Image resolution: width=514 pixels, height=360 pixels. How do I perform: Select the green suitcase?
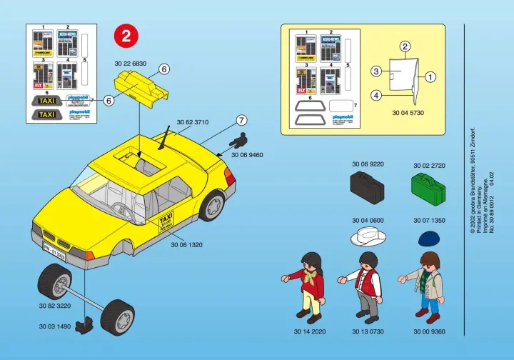tap(428, 187)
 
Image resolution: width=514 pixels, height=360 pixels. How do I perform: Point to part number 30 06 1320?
tap(187, 244)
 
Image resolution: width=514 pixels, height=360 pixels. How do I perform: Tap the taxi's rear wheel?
tap(213, 204)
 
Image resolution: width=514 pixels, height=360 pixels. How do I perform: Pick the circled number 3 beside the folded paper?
tap(376, 71)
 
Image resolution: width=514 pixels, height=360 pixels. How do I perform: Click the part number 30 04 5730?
tap(407, 113)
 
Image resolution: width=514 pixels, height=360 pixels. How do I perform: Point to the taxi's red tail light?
tap(230, 176)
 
